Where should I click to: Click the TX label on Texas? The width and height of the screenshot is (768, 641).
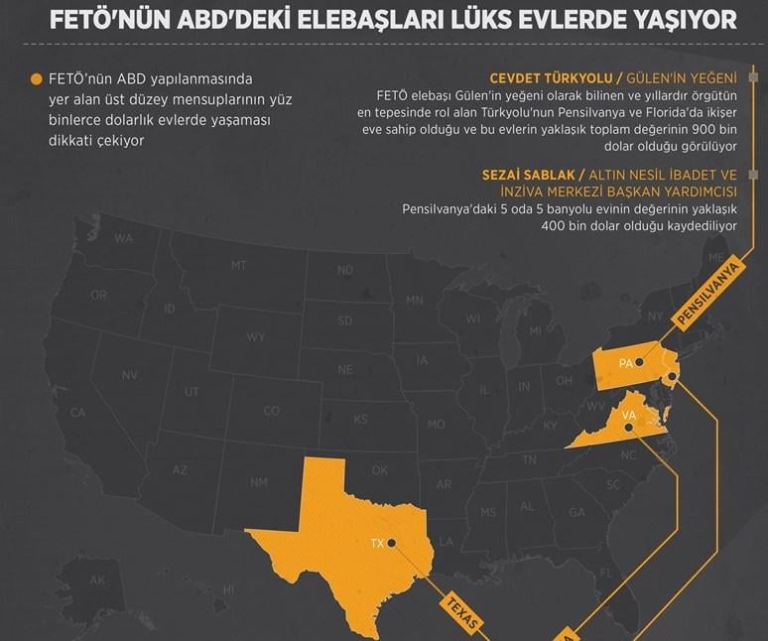click(376, 544)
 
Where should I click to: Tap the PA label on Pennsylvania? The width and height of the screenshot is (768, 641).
click(625, 363)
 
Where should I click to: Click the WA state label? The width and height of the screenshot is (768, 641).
click(123, 238)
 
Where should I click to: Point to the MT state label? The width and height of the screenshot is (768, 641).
click(238, 265)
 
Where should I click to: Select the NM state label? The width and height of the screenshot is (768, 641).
click(259, 482)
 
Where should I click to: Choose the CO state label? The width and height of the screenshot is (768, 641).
click(271, 411)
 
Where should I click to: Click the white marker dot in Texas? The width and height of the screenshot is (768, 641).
click(393, 543)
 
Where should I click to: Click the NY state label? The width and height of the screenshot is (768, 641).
click(654, 316)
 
